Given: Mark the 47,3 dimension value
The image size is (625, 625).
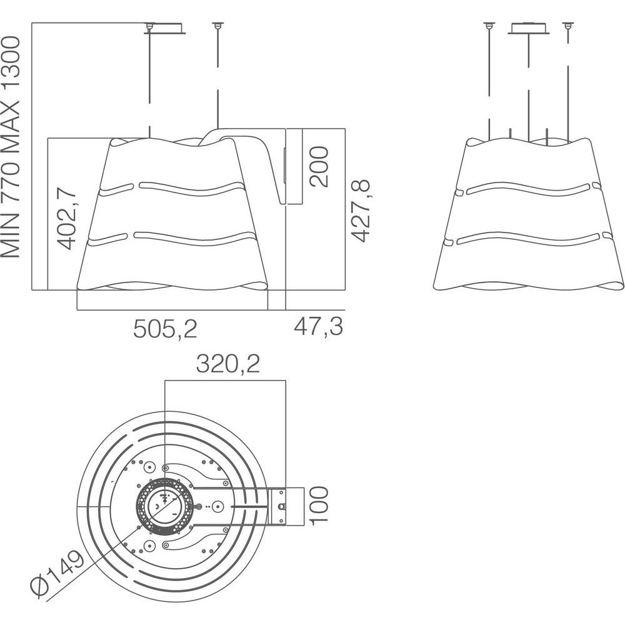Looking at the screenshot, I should (319, 326).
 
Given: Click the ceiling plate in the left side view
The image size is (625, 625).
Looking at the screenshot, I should (165, 29).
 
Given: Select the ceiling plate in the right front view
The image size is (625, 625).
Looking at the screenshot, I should (528, 28).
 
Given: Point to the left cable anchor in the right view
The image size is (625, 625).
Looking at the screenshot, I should (489, 26).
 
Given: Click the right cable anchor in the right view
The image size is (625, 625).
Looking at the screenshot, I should (567, 26).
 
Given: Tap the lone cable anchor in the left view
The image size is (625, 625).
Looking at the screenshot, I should (217, 26).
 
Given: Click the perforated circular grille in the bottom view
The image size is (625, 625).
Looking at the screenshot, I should (165, 506).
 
